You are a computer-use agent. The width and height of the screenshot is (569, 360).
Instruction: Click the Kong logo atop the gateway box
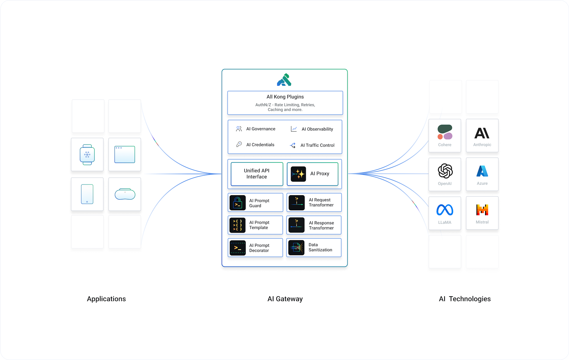(x=284, y=80)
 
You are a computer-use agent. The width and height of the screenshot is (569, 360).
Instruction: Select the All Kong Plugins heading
(x=285, y=97)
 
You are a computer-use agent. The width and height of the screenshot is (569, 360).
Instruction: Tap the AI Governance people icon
(x=239, y=129)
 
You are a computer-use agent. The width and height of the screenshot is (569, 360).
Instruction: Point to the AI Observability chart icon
(x=294, y=129)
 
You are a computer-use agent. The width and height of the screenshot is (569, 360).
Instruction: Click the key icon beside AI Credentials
(x=239, y=144)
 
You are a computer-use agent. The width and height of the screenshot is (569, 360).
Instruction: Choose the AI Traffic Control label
(x=317, y=145)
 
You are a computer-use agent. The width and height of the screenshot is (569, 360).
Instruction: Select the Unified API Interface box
(x=257, y=174)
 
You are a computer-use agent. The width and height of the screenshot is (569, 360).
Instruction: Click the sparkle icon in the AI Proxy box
(x=298, y=174)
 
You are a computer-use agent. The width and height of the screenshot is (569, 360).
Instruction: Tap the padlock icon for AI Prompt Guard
(x=237, y=203)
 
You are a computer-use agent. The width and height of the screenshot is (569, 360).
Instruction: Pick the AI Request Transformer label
(x=321, y=202)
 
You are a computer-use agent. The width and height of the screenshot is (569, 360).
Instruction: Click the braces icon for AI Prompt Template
(x=237, y=225)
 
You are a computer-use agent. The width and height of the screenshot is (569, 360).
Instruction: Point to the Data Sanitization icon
(x=296, y=247)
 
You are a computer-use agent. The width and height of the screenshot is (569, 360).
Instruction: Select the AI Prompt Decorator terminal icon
(x=237, y=248)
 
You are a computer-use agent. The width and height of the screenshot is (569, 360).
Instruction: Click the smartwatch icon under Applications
(x=87, y=154)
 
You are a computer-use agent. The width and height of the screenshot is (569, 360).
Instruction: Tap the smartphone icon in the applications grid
(x=87, y=194)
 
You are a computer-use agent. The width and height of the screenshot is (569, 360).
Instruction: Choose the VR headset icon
(x=125, y=194)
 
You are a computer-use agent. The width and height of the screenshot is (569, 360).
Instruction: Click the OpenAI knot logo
(x=445, y=171)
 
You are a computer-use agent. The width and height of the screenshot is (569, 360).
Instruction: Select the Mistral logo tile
(x=482, y=213)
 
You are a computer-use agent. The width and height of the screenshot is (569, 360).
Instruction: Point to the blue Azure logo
(x=482, y=171)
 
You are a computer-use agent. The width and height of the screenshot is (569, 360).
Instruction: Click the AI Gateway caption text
(x=285, y=299)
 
